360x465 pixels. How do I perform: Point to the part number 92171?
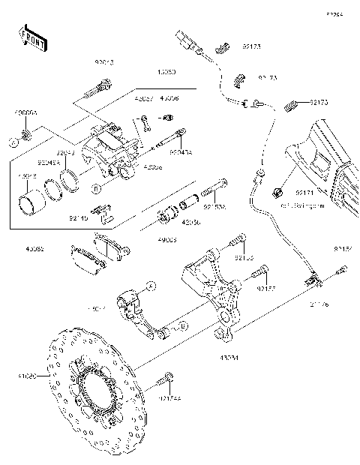(x=304, y=192)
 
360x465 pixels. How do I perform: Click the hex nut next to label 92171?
(x=277, y=190)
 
